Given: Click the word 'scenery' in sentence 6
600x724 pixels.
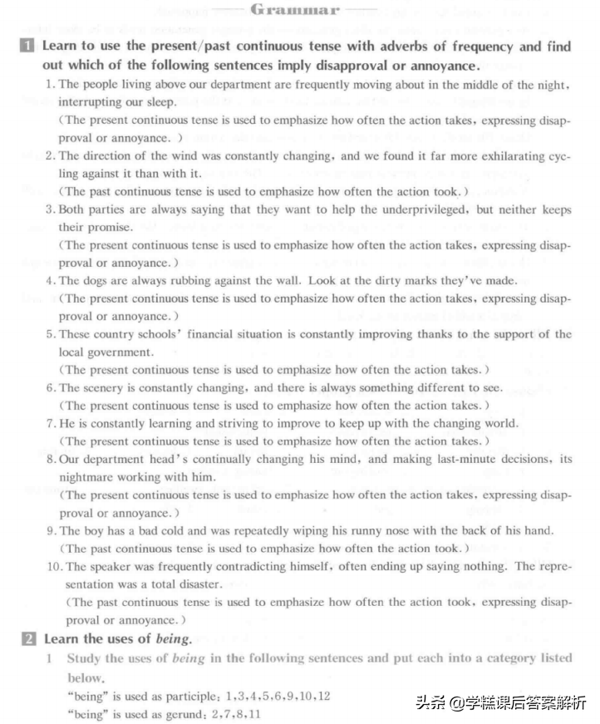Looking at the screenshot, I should pos(103,388).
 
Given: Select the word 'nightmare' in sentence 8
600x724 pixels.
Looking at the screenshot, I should pos(86,477).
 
